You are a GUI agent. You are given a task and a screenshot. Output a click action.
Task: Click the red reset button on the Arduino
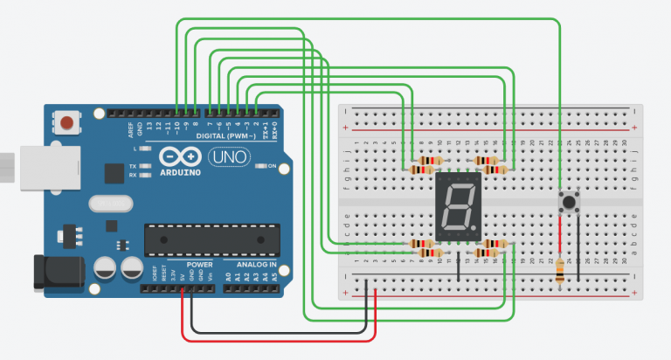point(66,122)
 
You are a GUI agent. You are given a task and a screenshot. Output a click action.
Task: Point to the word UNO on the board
point(229,157)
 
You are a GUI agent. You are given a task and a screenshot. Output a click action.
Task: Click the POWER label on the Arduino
point(200,264)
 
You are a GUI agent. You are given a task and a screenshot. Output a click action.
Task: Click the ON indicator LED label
point(271,166)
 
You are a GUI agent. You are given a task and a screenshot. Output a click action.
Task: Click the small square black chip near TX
point(113,174)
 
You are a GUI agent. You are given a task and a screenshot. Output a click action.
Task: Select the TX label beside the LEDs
point(132,165)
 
